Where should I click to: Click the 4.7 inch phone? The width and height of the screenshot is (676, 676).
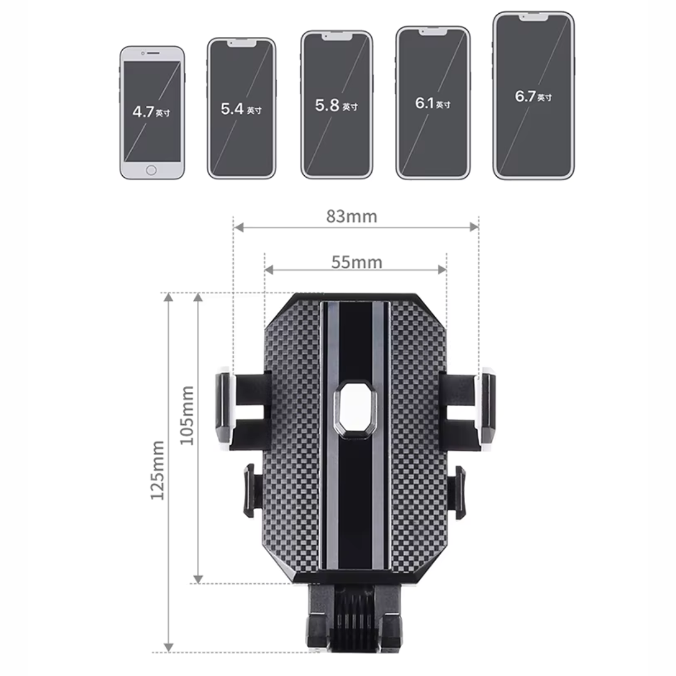click(152, 113)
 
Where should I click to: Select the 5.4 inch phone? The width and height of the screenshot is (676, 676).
click(241, 108)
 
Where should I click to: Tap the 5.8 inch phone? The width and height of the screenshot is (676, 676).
click(337, 105)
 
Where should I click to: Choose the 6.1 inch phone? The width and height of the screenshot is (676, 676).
click(433, 103)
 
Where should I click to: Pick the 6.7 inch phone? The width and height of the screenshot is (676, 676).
click(533, 96)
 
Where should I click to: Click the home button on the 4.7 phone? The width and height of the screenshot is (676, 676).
click(151, 170)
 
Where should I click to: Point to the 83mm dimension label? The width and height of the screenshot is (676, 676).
click(352, 217)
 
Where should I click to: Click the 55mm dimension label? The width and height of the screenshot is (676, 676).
click(356, 262)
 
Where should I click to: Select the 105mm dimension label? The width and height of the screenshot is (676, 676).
click(187, 415)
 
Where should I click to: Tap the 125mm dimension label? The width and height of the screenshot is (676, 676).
click(157, 469)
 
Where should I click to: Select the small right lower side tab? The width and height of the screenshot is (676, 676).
click(460, 491)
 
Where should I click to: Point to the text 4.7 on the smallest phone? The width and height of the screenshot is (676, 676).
click(143, 112)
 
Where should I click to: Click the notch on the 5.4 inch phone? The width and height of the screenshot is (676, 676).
click(241, 44)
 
